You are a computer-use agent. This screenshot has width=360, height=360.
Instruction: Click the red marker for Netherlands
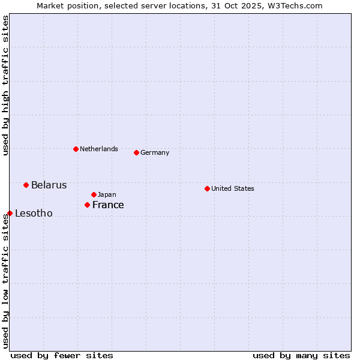[x=76, y=149]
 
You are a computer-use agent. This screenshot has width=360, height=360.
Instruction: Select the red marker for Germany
[x=136, y=152]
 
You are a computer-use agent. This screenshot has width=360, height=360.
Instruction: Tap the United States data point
[x=207, y=188]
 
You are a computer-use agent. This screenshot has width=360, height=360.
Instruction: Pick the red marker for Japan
[x=94, y=194]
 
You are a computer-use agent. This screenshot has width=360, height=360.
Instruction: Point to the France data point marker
[x=87, y=205]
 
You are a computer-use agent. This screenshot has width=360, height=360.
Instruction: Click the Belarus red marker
[x=26, y=185]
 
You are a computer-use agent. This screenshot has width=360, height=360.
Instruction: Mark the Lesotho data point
[x=10, y=213]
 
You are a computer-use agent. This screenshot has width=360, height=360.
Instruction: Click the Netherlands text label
[x=99, y=149]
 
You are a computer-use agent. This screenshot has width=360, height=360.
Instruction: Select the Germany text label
[x=155, y=152]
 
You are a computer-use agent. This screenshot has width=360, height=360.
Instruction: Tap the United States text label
[x=233, y=188]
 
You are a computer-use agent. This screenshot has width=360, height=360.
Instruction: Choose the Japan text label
[x=107, y=194]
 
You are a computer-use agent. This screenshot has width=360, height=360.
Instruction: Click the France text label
[x=108, y=205]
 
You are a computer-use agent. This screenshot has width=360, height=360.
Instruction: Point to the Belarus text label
[x=49, y=185]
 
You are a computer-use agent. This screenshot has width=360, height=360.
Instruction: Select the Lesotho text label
[x=34, y=214]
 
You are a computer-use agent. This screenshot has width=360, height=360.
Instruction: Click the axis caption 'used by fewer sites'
[x=62, y=355]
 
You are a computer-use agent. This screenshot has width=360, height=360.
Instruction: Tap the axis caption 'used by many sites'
[x=301, y=355]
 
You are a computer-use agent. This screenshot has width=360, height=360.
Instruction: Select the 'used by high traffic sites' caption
[x=5, y=85]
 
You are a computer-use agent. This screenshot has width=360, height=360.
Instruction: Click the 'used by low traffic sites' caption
[x=5, y=280]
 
